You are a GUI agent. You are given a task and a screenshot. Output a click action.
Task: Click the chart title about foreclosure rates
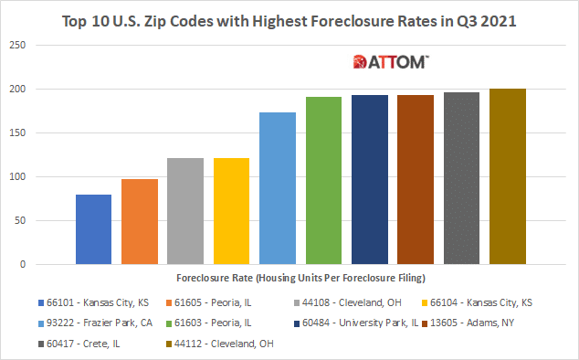click(x=289, y=20)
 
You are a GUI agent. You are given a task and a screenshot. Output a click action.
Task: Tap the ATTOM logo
click(x=392, y=62)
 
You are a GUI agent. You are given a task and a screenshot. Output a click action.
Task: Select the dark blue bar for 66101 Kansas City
click(x=93, y=229)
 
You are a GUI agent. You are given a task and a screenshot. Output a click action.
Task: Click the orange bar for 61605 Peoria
click(x=140, y=222)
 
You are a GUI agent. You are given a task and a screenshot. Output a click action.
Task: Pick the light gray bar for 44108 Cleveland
click(x=185, y=211)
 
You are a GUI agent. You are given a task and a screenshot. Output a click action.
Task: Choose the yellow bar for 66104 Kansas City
click(x=231, y=211)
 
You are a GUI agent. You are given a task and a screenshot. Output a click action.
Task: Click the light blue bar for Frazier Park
click(x=278, y=188)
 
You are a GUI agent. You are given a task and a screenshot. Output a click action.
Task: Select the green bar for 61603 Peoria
click(x=323, y=181)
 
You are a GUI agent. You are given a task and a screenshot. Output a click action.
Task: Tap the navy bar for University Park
click(x=370, y=180)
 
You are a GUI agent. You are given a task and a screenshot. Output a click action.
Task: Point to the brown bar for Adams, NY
click(x=416, y=180)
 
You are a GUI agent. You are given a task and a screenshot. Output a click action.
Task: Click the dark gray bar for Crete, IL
click(x=461, y=178)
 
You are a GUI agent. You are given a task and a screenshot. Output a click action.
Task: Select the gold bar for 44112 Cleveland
click(x=508, y=176)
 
